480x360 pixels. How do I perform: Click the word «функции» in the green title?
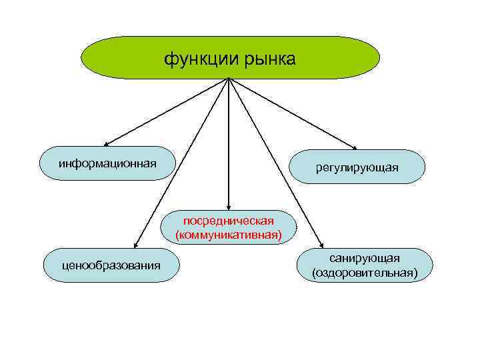[x=197, y=61]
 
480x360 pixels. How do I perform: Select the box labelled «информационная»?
[x=107, y=163]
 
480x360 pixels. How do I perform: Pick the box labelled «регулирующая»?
[x=357, y=167]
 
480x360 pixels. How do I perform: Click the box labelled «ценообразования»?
[x=111, y=265]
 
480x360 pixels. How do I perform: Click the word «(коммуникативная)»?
[x=229, y=235]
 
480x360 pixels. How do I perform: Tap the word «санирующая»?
[x=364, y=259]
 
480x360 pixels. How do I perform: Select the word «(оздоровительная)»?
[x=364, y=272]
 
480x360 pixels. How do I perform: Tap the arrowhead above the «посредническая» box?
[x=229, y=207]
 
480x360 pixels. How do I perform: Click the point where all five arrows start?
[x=229, y=79]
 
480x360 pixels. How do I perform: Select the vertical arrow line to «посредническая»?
[x=229, y=143]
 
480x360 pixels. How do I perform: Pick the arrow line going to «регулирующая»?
[x=293, y=113]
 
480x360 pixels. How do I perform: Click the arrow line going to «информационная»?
[x=167, y=112]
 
